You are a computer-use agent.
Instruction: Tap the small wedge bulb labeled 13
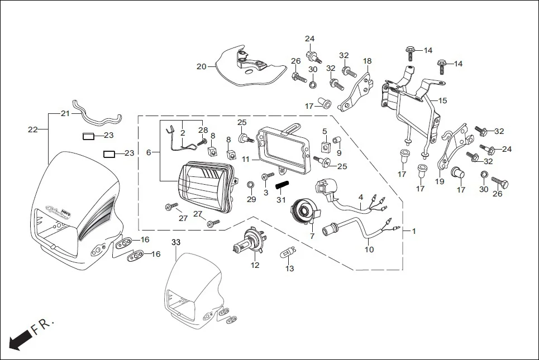coord(288,253)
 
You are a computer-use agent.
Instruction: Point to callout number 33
coord(176,243)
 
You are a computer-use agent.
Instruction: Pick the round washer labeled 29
coord(251,184)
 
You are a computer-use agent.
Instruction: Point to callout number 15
coord(442,101)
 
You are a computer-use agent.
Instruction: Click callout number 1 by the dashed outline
coord(413,231)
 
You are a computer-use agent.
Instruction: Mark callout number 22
coord(32,129)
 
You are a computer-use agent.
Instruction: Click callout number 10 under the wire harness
coord(369,249)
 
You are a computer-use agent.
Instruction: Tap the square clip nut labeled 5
coord(325,146)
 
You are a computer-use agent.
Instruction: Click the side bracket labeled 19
coord(450,150)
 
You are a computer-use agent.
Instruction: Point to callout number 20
coord(201,66)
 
